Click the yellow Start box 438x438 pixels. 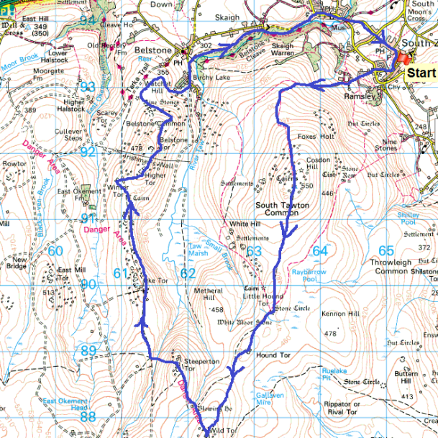tap(421, 73)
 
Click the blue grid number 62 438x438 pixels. tap(188, 273)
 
